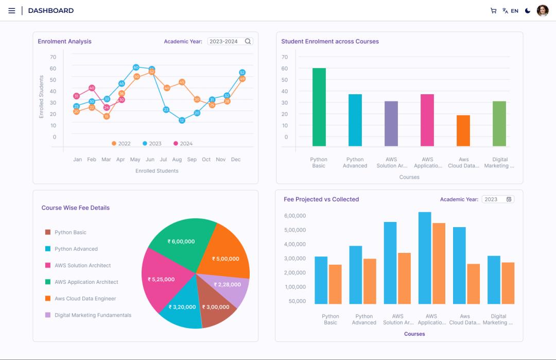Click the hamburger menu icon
point(12,11)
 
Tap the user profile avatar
point(543,11)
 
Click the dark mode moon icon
point(528,11)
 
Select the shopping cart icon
point(493,11)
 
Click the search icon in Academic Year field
point(248,41)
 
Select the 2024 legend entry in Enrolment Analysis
point(183,144)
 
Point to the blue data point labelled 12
point(182,120)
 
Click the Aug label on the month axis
point(177,160)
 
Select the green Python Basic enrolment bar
point(319,107)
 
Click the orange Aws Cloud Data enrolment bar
point(463,130)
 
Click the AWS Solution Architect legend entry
point(82,266)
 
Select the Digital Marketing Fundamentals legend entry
point(93,315)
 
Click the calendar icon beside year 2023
point(509,199)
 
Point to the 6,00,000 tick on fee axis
point(294,216)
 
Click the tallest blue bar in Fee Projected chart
point(425,258)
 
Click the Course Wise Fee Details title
point(75,208)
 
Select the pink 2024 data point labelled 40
point(92,88)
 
